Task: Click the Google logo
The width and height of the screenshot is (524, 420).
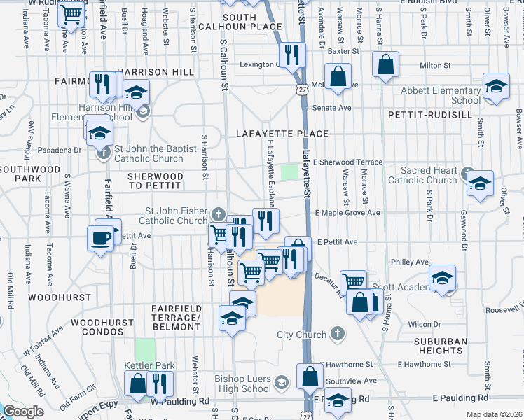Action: pyautogui.click(x=22, y=412)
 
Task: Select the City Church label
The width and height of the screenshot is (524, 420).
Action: pyautogui.click(x=302, y=335)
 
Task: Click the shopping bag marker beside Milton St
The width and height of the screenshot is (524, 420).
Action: pyautogui.click(x=386, y=65)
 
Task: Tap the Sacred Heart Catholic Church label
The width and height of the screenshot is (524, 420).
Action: pyautogui.click(x=422, y=175)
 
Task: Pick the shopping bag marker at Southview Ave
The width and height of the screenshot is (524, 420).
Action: pyautogui.click(x=310, y=377)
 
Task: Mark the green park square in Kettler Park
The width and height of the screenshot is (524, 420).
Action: pyautogui.click(x=145, y=349)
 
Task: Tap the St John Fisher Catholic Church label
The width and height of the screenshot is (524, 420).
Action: pyautogui.click(x=176, y=216)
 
